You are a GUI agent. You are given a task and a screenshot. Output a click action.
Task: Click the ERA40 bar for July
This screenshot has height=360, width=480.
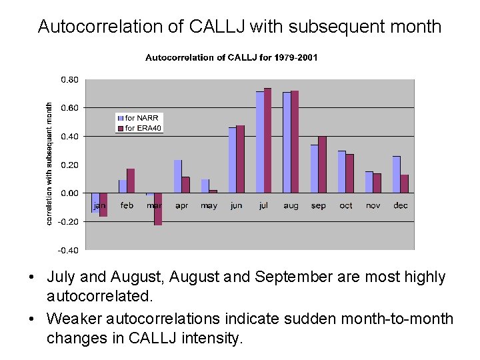[267, 140]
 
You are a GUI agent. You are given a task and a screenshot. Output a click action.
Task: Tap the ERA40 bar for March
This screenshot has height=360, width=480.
[158, 209]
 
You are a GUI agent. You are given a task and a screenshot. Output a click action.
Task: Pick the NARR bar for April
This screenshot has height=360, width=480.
[177, 176]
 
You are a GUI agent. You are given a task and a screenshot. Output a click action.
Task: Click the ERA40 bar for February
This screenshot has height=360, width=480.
[131, 181]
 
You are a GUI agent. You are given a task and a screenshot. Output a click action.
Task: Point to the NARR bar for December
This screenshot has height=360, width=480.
[397, 174]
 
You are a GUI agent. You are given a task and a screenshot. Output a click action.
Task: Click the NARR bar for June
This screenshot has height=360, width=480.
[232, 160]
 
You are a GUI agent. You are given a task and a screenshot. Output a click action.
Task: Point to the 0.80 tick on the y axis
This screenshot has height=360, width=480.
[69, 79]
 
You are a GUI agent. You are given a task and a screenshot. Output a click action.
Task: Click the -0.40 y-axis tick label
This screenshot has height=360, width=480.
[69, 250]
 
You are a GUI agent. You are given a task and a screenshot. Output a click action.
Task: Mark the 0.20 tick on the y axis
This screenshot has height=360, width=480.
[69, 165]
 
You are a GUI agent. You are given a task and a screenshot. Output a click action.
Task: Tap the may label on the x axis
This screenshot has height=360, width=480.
[209, 205]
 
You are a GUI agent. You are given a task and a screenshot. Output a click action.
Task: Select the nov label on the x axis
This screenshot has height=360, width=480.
[373, 205]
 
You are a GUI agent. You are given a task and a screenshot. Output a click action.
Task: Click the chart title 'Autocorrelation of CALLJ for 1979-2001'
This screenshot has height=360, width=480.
[231, 57]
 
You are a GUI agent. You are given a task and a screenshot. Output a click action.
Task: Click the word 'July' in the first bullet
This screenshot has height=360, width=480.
[62, 277]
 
